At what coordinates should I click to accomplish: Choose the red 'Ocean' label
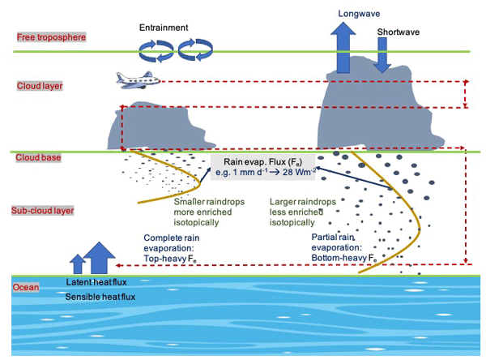(x=27, y=286)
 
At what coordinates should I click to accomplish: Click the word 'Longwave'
(x=343, y=13)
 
